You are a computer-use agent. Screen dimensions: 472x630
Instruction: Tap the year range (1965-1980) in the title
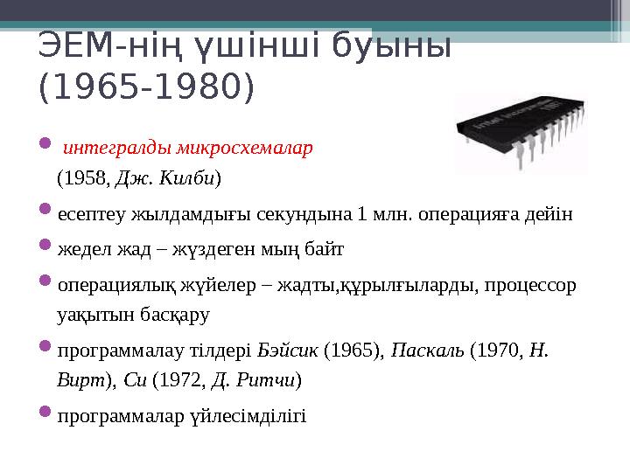point(147,87)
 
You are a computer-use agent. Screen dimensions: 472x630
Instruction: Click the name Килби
point(192,179)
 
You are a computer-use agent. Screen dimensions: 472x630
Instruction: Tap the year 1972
point(186,380)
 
